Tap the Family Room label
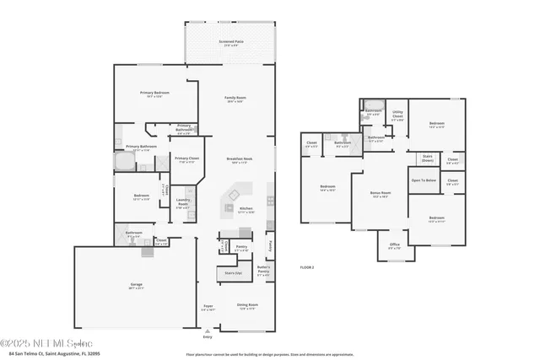point(235,99)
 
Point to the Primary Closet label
point(186,159)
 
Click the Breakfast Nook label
point(240,159)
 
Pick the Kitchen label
point(246,209)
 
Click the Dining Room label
point(247,306)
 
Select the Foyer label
point(208,307)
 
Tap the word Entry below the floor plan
point(208,336)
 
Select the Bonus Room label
point(381,194)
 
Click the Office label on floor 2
point(394,246)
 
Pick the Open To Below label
point(424,180)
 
